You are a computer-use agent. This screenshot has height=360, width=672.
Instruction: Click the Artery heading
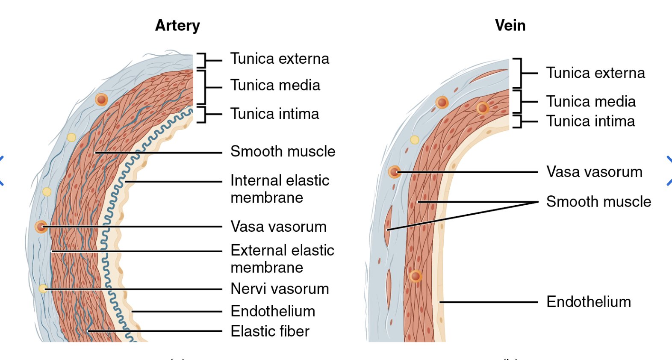click(177, 26)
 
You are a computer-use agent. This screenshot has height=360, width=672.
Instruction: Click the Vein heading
click(510, 26)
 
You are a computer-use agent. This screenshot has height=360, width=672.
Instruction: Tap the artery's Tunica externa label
click(280, 59)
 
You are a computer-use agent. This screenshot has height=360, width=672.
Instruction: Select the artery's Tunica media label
click(275, 85)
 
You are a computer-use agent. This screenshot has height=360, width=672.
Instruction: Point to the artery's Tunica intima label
click(274, 114)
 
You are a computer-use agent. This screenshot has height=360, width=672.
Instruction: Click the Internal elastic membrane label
click(280, 189)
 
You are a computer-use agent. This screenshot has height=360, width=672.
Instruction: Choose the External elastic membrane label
click(282, 259)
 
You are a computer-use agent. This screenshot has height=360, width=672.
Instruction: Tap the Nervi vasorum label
click(280, 289)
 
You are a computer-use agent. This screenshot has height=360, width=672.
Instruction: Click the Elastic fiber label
click(270, 331)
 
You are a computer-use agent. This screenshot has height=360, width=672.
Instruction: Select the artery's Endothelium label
click(273, 311)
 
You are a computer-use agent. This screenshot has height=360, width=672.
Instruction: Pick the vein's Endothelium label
click(588, 302)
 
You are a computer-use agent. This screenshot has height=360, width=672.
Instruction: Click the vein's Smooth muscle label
click(598, 201)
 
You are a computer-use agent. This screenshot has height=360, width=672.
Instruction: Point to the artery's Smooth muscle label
click(283, 151)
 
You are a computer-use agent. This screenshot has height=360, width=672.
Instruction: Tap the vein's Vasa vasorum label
click(594, 172)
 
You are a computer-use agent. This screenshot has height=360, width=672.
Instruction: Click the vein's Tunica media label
click(591, 101)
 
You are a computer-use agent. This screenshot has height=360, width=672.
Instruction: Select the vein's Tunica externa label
click(595, 73)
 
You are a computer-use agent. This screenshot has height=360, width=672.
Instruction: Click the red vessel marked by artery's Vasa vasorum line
click(41, 227)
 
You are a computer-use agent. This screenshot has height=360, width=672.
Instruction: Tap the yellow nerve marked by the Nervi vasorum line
click(43, 289)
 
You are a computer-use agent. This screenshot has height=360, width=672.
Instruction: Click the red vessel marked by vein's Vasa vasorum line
click(394, 172)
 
